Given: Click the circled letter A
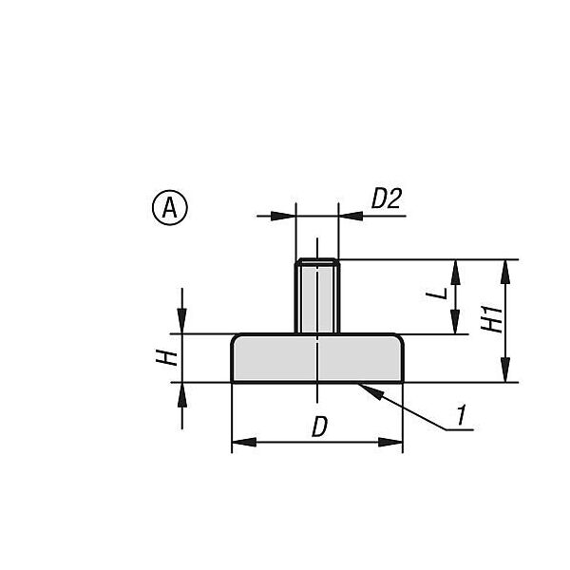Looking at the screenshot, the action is [x=170, y=207].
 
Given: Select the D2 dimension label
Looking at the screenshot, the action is [x=387, y=199].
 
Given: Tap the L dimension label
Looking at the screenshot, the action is [x=437, y=293].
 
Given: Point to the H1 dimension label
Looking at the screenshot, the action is [x=491, y=319].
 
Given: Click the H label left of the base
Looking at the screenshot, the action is [x=167, y=358].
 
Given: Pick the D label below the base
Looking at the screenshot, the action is [x=319, y=427].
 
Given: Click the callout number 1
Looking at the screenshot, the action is [x=462, y=414].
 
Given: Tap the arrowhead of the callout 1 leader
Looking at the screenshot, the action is [x=370, y=391].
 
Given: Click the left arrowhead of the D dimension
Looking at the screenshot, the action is [x=244, y=443].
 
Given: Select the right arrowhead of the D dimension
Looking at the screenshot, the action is [x=390, y=443].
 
